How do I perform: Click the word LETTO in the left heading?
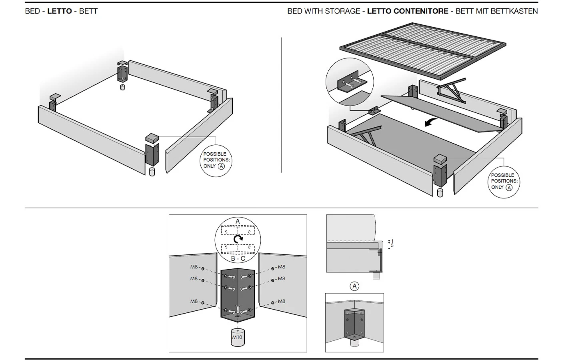tap(60, 11)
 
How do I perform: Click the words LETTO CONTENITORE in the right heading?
tap(407, 11)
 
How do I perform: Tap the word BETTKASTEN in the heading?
tap(517, 11)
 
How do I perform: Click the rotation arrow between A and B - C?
tap(238, 239)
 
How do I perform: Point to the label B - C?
tap(238, 259)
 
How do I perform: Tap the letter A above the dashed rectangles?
tap(238, 221)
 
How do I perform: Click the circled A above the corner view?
tap(354, 286)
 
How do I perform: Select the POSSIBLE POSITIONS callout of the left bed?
tap(216, 160)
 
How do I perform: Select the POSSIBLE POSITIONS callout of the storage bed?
tap(504, 181)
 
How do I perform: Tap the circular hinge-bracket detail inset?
tap(350, 82)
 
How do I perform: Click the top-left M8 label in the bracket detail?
tap(194, 267)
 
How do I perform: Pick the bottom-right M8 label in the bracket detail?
tap(282, 301)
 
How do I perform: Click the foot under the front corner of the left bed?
tap(152, 172)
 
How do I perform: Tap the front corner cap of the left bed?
tap(152, 138)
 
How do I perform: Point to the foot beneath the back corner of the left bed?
tap(122, 86)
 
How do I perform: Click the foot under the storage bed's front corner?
tap(440, 192)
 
